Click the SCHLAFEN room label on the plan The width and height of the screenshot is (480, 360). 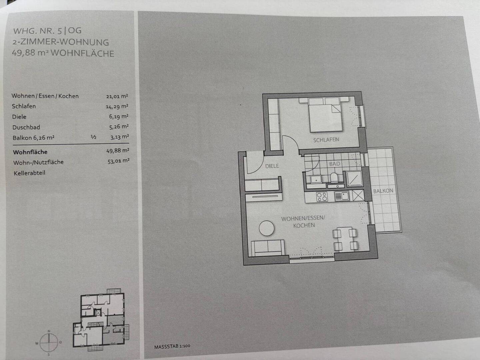[x=326, y=140]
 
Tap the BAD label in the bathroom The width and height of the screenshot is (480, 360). [x=335, y=163]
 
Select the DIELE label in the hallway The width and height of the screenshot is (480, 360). [x=272, y=166]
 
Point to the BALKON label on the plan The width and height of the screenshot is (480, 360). [x=383, y=191]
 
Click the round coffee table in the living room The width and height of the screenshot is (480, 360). [x=267, y=228]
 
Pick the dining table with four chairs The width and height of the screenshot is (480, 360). [x=345, y=239]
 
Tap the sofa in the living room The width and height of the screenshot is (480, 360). [x=268, y=248]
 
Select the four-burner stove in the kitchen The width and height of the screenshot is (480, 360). [x=322, y=197]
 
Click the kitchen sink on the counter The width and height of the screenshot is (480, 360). [x=342, y=196]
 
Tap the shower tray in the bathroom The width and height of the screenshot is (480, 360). [x=354, y=179]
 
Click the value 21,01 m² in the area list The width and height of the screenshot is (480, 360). [x=117, y=96]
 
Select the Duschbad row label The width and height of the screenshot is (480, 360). [x=26, y=127]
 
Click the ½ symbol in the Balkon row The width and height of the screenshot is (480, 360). [x=93, y=137]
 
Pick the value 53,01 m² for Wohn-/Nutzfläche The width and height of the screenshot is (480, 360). [x=119, y=161]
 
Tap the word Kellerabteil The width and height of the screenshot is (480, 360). [x=30, y=173]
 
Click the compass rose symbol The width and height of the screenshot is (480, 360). [x=49, y=342]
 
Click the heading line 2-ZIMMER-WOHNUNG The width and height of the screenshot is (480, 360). [x=61, y=42]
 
